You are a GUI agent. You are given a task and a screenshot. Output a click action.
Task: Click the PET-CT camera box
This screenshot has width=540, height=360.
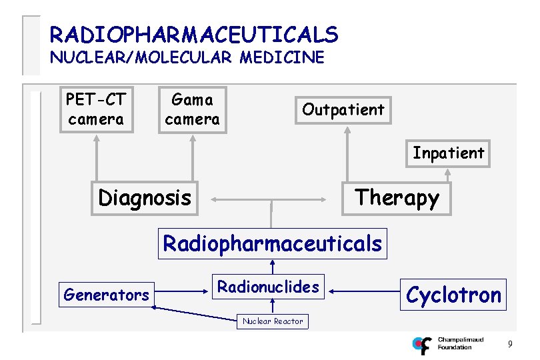[96, 109]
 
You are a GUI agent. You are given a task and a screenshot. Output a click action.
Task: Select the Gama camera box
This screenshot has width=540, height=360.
[192, 109]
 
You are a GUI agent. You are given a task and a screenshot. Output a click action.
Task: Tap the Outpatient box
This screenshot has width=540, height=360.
[343, 109]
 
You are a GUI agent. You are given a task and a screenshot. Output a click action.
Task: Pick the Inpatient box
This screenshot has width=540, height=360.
[448, 153]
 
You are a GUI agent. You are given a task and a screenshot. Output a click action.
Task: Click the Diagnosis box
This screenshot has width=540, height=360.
[145, 198]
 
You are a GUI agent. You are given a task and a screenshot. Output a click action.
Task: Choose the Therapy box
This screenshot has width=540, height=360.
[397, 197]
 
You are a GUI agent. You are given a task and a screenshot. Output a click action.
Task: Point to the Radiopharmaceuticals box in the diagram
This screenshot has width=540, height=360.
[273, 243]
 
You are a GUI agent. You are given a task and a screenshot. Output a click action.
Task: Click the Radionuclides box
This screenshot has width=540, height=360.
[269, 287]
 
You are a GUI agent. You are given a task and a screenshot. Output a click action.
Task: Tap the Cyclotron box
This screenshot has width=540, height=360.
[453, 294]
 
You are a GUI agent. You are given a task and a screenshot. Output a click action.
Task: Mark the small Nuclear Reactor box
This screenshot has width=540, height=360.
[273, 321]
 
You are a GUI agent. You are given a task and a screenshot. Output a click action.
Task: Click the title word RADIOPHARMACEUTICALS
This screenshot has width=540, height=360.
[194, 34]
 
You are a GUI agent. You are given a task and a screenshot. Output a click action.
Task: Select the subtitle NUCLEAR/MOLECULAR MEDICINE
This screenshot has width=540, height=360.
[187, 57]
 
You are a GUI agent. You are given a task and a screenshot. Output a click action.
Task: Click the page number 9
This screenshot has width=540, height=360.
[510, 344]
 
